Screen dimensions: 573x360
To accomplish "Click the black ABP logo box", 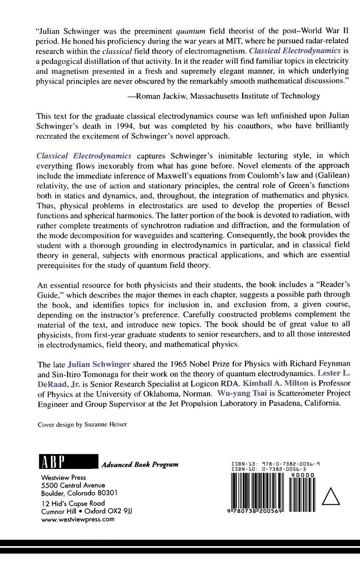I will click(68, 464).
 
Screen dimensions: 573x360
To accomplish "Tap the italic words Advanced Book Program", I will click(140, 465).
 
